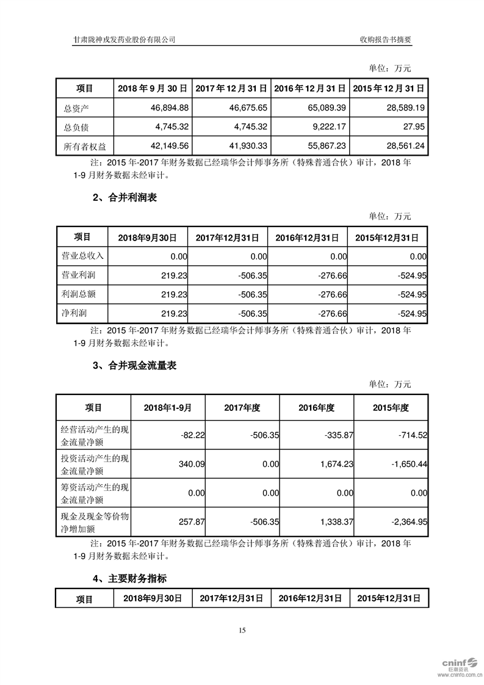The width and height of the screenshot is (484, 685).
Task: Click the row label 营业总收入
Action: pyautogui.click(x=82, y=256)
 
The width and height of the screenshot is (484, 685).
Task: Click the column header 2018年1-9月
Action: pyautogui.click(x=168, y=407)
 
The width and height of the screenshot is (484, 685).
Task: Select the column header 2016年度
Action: pyautogui.click(x=317, y=407)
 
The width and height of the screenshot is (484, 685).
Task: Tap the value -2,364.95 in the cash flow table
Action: pyautogui.click(x=408, y=523)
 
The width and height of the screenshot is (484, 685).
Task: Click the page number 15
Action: pyautogui.click(x=242, y=631)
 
